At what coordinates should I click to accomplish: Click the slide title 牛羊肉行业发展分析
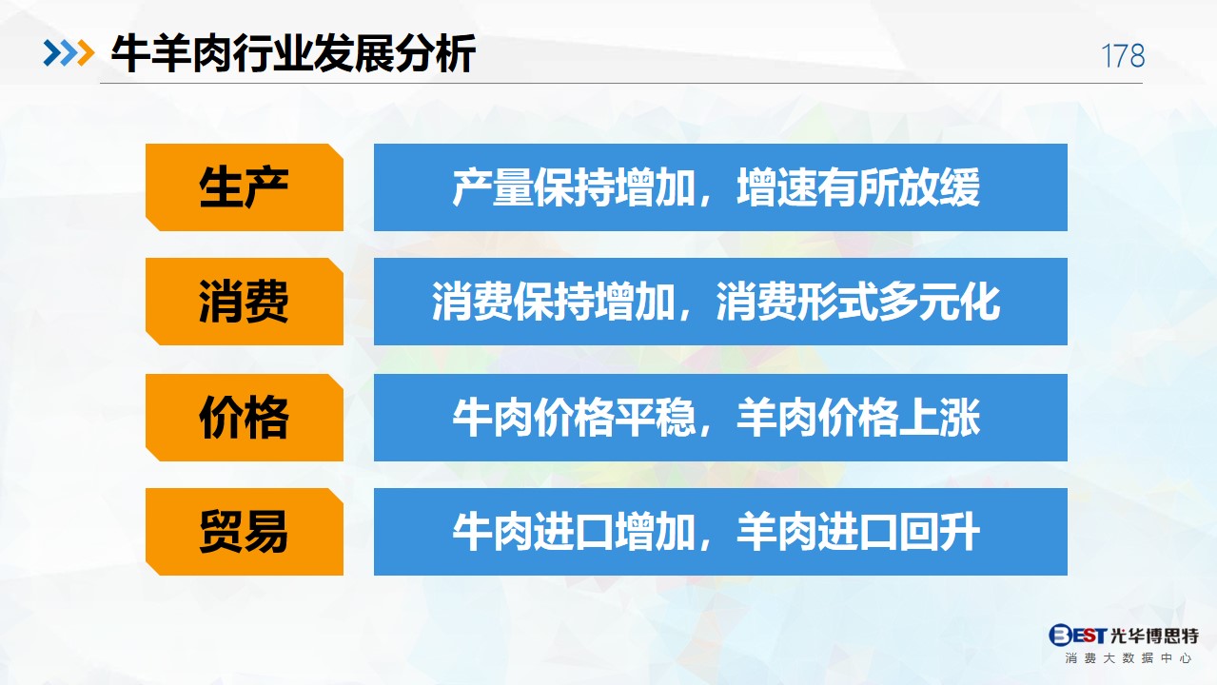(293, 53)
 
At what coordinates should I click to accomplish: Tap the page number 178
(1123, 56)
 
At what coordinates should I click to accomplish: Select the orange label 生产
(245, 187)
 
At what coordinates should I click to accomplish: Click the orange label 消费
(245, 302)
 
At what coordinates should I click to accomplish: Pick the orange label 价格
(245, 418)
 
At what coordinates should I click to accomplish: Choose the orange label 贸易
(245, 532)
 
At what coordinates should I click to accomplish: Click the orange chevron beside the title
(87, 53)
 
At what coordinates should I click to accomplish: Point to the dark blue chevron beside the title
(52, 53)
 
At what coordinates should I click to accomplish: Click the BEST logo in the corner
(1077, 635)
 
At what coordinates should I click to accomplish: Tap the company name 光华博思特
(1154, 635)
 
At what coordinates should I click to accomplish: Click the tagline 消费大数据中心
(1129, 658)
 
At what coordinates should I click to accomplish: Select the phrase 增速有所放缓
(858, 187)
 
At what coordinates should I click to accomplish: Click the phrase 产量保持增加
(575, 187)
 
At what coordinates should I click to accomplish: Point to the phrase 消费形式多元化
(858, 302)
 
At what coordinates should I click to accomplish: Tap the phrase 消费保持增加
(554, 302)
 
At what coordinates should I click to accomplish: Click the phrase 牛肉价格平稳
(575, 418)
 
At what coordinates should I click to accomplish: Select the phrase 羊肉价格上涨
(858, 418)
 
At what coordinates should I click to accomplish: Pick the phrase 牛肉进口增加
(575, 532)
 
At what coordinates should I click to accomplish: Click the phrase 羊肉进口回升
(858, 532)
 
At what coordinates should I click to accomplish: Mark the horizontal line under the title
(621, 83)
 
